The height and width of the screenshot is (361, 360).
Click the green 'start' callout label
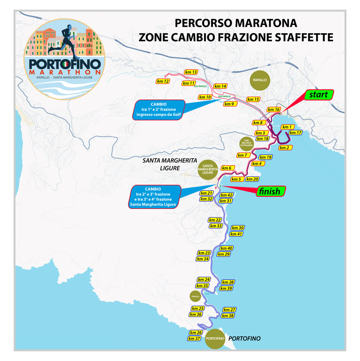tap(319, 94)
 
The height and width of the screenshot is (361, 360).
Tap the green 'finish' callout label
tap(269, 191)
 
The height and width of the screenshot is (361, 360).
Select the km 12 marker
tap(163, 81)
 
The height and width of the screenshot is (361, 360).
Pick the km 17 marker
tap(296, 133)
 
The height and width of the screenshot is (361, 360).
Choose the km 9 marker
tap(229, 104)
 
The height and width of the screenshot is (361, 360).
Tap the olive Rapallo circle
tap(260, 80)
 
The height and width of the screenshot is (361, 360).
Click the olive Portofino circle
tap(215, 338)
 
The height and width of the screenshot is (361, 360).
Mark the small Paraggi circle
tap(194, 296)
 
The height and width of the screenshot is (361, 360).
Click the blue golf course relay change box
tap(159, 110)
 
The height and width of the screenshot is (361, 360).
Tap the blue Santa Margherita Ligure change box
tap(155, 196)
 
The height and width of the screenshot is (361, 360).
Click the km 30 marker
tap(238, 228)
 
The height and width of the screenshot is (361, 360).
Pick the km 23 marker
tap(204, 253)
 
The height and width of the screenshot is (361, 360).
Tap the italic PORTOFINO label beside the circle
tap(244, 338)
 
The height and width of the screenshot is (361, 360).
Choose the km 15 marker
tap(253, 99)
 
